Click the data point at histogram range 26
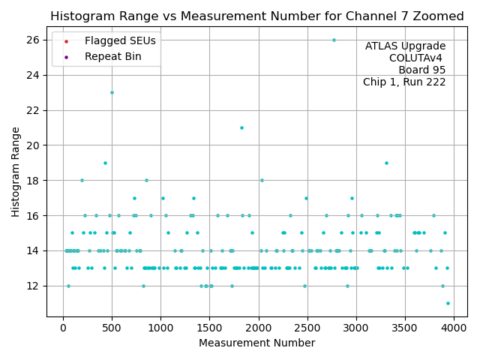[334, 40]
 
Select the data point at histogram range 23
[112, 92]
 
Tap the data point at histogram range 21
[241, 127]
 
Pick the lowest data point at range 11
[448, 303]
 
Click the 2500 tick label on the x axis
[307, 328]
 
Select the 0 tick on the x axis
[63, 328]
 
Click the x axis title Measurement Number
[256, 343]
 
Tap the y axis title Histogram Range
[16, 172]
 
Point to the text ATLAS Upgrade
[405, 46]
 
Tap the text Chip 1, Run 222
[404, 82]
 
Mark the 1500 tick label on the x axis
[209, 328]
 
